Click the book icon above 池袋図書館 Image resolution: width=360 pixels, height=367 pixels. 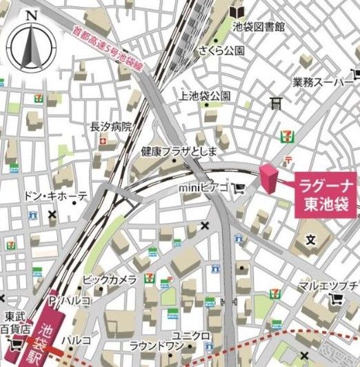(237, 12)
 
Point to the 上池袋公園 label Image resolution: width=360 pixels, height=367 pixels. (204, 95)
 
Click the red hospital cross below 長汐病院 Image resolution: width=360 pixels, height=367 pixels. (103, 141)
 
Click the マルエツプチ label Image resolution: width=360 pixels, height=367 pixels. (327, 285)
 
